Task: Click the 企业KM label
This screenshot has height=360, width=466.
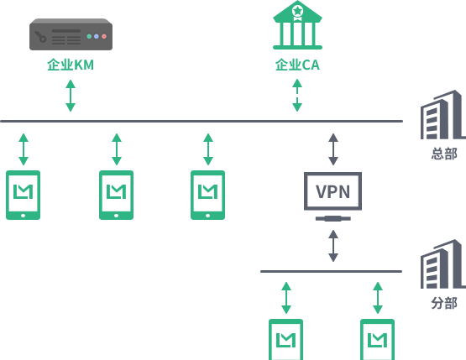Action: point(71,65)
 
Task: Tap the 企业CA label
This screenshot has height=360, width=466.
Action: point(297,65)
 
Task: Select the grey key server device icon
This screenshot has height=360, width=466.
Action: point(71,34)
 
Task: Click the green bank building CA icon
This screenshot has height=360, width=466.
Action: point(297,25)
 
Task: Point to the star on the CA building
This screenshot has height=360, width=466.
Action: point(297,11)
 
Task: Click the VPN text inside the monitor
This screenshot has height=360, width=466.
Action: point(332,191)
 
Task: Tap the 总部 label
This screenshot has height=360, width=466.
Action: point(444,154)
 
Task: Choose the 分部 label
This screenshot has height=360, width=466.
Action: point(444,303)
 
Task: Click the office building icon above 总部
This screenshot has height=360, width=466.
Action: point(443,115)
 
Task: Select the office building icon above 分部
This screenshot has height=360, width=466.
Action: point(443,264)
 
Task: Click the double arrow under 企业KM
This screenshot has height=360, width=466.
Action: point(71,96)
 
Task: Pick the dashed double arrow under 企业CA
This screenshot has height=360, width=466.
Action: point(297,95)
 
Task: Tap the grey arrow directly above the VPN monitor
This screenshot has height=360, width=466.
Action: point(333,149)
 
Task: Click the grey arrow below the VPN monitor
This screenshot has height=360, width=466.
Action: point(333,246)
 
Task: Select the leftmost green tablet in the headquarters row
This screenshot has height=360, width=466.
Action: point(24,196)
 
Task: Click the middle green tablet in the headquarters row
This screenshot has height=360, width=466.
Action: point(116,196)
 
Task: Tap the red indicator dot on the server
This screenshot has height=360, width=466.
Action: point(104,36)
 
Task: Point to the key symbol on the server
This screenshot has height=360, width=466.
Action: point(40,37)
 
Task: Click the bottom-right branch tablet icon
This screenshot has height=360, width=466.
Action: point(378,340)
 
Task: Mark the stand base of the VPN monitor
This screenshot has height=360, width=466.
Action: point(333,219)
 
